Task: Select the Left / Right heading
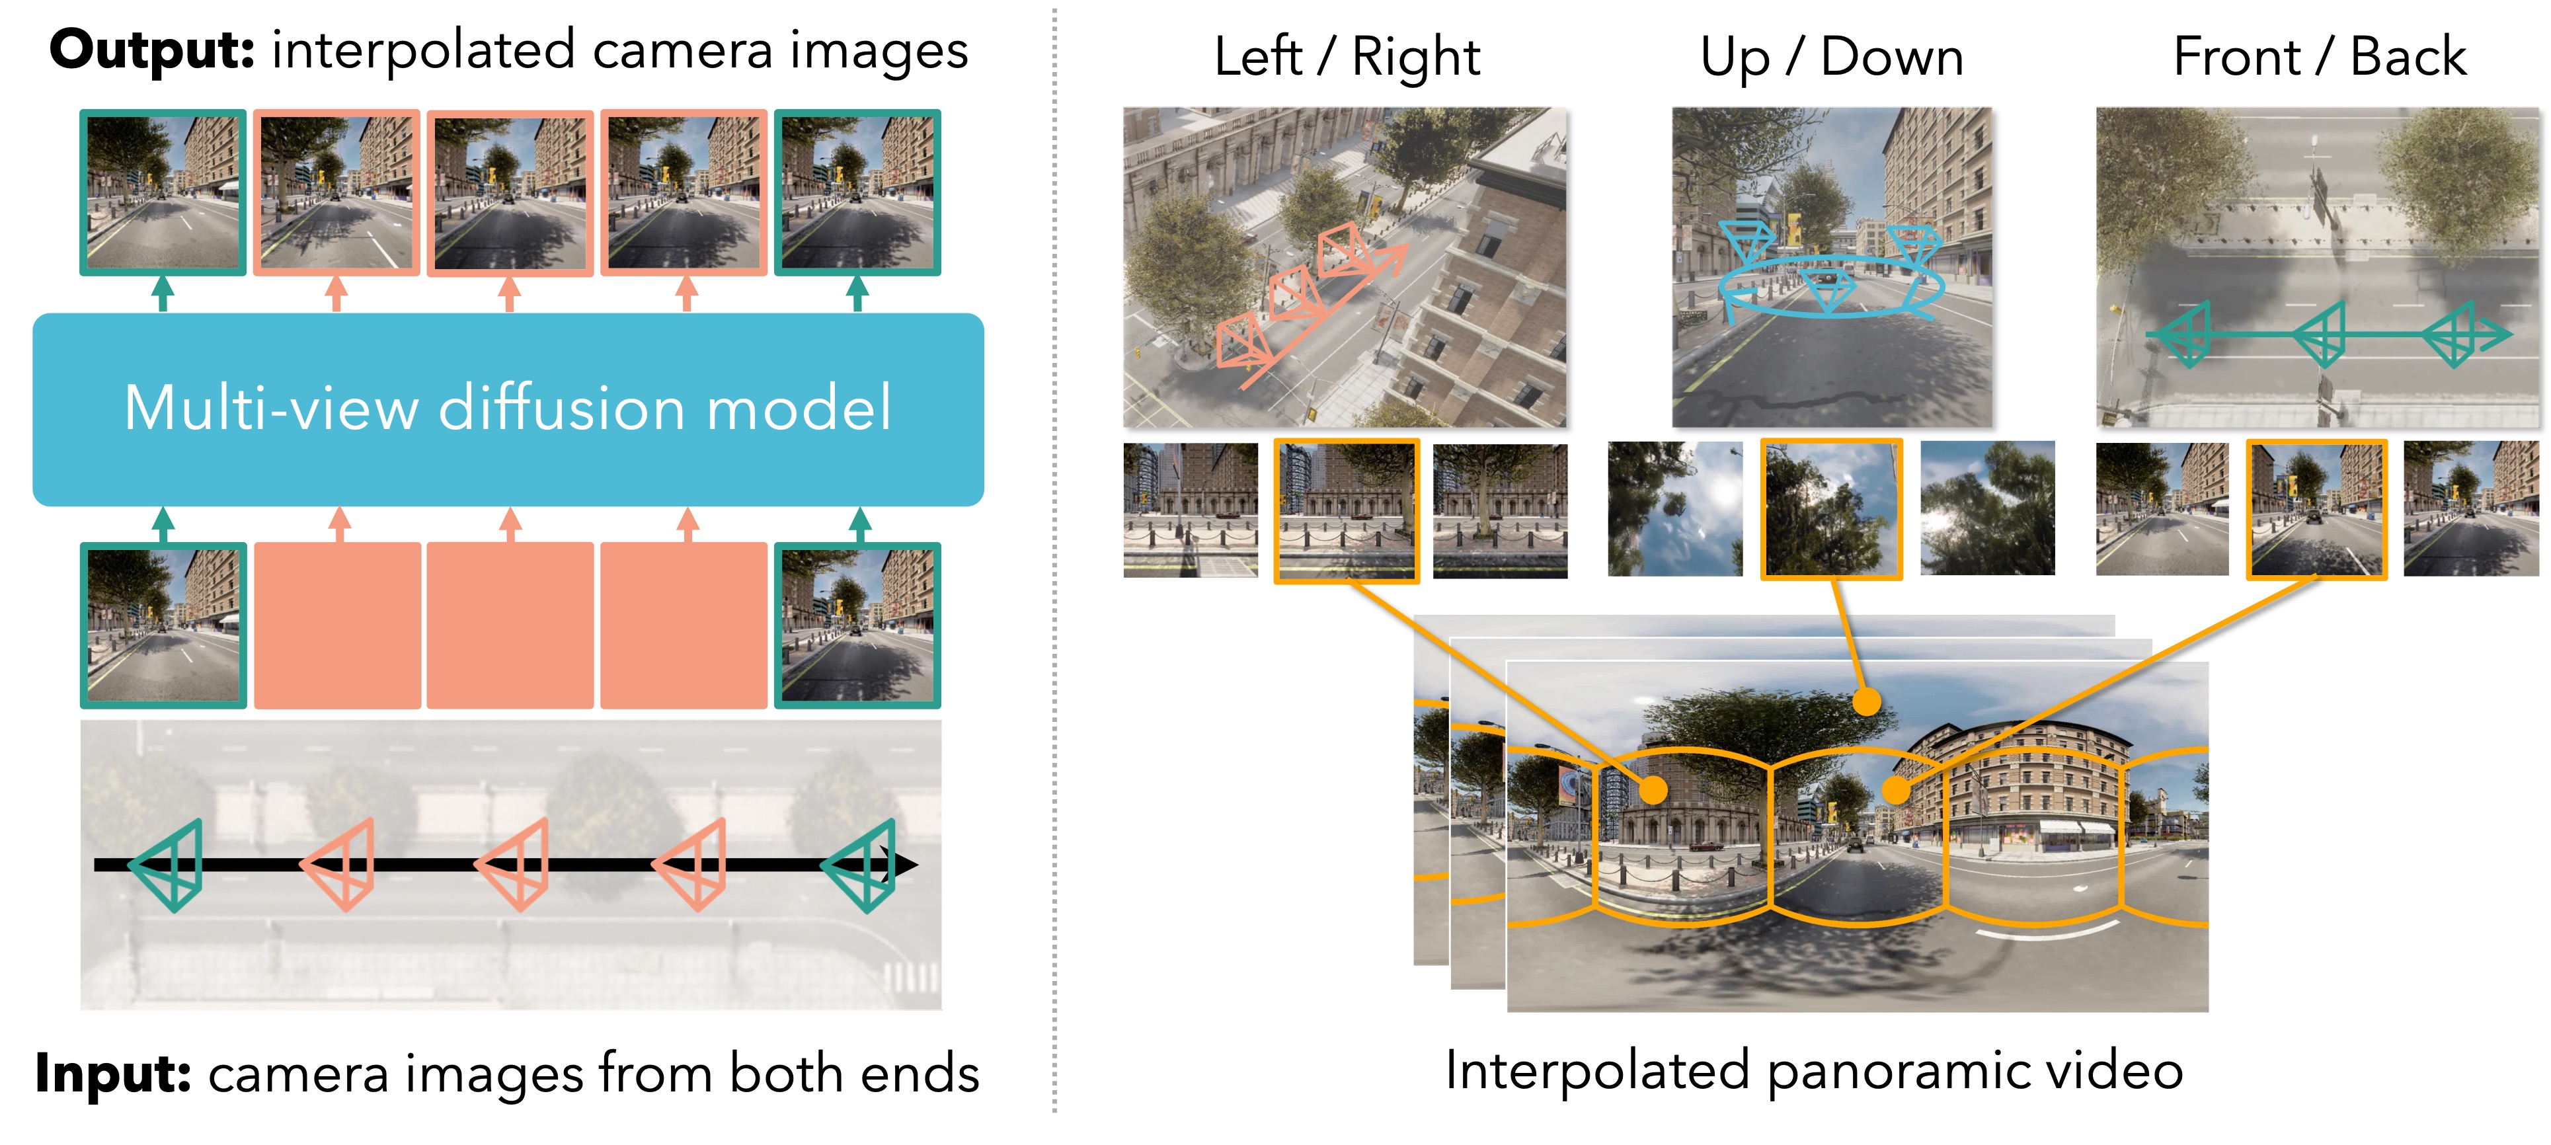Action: [1347, 56]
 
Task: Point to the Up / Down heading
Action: [1831, 56]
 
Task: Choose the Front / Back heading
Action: [2318, 56]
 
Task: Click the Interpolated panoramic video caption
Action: [1813, 1070]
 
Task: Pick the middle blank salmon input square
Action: [510, 625]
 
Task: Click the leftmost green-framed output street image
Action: [163, 192]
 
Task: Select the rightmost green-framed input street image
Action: [857, 625]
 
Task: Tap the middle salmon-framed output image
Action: [510, 192]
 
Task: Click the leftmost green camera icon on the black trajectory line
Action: [169, 865]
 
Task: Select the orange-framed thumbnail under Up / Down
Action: [1831, 509]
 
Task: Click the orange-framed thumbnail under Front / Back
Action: [2316, 509]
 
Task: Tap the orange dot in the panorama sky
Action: [1865, 701]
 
